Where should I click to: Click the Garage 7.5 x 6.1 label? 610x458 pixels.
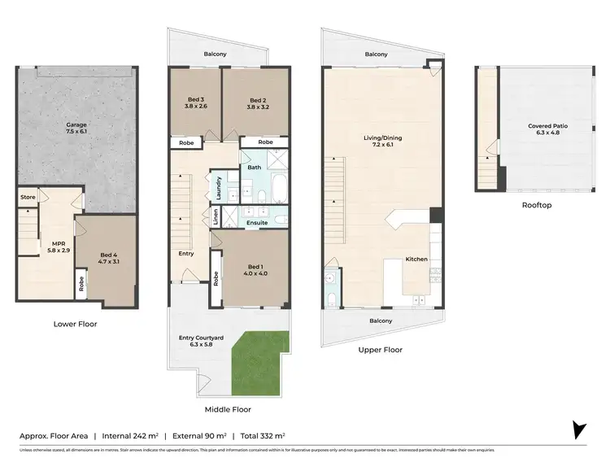pos(76,129)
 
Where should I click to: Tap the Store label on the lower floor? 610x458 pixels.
pos(28,196)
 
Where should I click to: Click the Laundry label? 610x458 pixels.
pos(218,188)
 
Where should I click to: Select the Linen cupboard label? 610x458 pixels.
pos(216,217)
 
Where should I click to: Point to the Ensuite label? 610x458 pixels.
pos(258,221)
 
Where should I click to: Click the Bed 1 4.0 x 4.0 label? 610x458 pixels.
pos(255,270)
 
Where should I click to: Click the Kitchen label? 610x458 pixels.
pos(416,259)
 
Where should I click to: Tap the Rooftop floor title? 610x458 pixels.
pos(537,205)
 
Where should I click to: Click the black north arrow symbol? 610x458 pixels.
pos(579,430)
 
